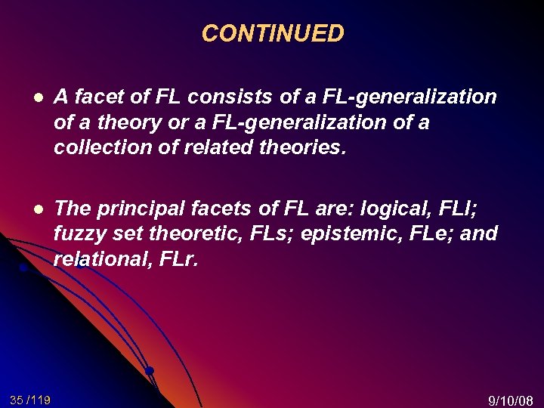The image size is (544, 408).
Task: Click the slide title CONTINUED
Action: tap(273, 33)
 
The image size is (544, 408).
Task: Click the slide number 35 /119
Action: tap(30, 399)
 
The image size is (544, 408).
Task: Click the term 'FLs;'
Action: tap(268, 233)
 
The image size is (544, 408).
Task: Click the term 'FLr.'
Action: tap(179, 260)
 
